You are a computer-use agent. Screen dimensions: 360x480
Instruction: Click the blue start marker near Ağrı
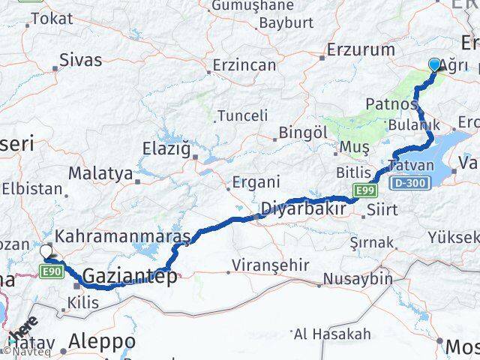(x=435, y=65)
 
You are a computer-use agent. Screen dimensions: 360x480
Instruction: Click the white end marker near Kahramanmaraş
(x=46, y=252)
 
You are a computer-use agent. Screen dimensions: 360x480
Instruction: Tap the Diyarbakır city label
(x=303, y=208)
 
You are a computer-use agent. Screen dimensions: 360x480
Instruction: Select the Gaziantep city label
(x=130, y=277)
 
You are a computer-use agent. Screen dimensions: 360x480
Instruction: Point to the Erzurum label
(x=361, y=50)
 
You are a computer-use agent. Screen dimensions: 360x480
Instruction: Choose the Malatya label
(x=100, y=173)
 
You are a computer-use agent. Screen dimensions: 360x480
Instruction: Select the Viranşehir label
(x=260, y=266)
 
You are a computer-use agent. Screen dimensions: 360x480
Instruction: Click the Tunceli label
(x=241, y=115)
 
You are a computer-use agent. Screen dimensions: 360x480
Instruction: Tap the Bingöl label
(x=303, y=132)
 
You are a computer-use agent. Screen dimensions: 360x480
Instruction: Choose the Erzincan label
(x=244, y=65)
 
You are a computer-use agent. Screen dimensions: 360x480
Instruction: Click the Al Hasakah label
(x=332, y=333)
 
